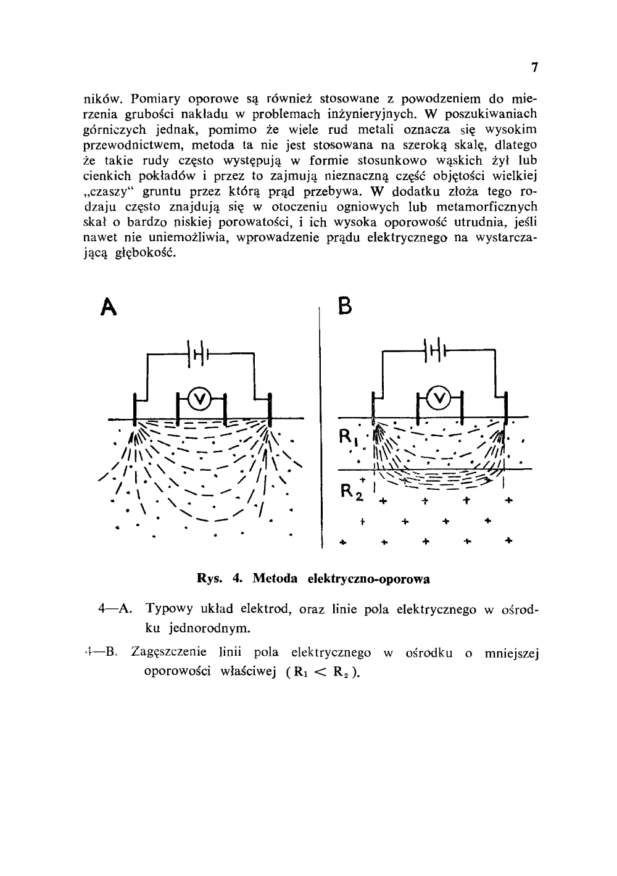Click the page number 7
(x=535, y=68)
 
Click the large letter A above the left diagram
(x=109, y=306)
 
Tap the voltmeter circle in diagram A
(x=199, y=400)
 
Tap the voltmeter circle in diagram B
(x=439, y=400)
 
